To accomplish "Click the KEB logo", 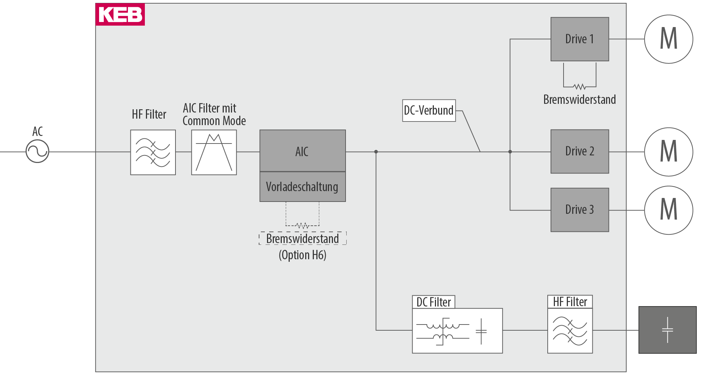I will tap(120, 14).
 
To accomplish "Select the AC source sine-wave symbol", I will tap(37, 151).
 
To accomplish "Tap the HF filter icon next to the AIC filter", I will tap(153, 153).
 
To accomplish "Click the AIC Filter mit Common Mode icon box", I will tap(214, 153).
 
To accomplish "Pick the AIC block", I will tap(302, 151).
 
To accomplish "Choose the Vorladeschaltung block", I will tap(302, 187).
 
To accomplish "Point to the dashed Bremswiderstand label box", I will tap(303, 238).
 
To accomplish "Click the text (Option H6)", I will tap(303, 255).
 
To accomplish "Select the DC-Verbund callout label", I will tap(429, 110).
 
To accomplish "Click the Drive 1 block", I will tap(579, 39).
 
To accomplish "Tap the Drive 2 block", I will tap(579, 151).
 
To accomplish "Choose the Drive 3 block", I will tap(579, 210).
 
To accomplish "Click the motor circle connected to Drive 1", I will tap(668, 39).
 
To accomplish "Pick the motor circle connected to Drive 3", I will tap(668, 210).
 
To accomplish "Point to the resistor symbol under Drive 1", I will tap(579, 87).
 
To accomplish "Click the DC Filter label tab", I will tap(433, 302).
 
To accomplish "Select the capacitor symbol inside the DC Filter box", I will tap(481, 331).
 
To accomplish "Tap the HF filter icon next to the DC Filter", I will tap(570, 331).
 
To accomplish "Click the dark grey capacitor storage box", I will tap(667, 330).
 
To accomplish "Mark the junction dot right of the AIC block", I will tap(376, 152).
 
